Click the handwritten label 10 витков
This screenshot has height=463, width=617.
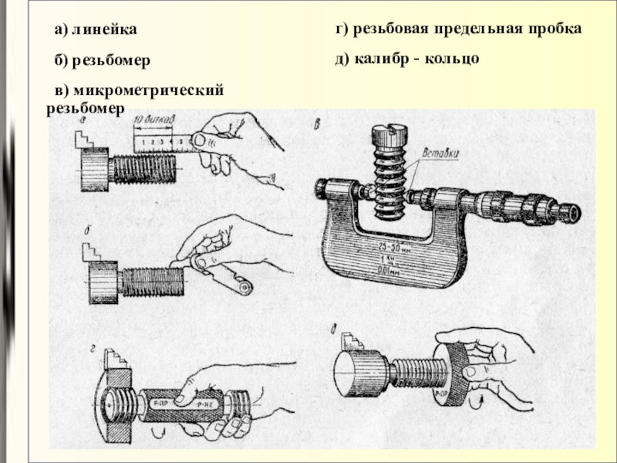[x=157, y=120]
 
